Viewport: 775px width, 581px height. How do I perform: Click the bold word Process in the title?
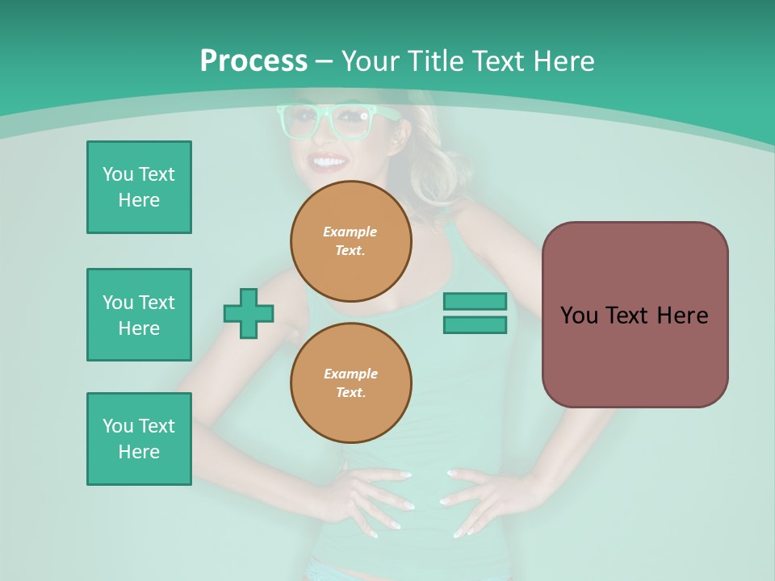[x=253, y=61]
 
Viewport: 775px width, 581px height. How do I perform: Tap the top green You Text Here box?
[x=139, y=187]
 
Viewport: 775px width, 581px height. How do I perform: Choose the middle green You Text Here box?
[x=139, y=315]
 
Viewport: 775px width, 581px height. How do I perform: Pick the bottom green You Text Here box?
[x=139, y=439]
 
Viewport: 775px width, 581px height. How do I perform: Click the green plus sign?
[x=249, y=313]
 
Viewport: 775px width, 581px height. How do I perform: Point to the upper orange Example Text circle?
[x=350, y=241]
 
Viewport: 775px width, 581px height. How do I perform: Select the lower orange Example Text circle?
[x=350, y=383]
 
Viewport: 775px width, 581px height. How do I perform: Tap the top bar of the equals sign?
[x=475, y=301]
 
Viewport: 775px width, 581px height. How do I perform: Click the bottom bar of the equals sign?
[x=475, y=325]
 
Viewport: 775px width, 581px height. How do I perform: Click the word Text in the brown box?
[x=629, y=316]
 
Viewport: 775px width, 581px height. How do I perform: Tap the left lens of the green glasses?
[x=299, y=122]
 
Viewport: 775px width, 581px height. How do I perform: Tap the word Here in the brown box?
[x=682, y=316]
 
